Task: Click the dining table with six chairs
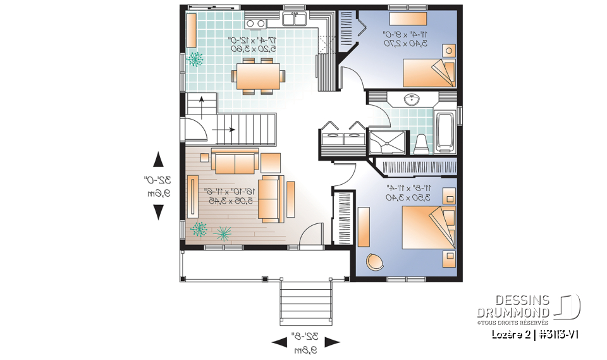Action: coord(259,76)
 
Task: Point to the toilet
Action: coord(421,144)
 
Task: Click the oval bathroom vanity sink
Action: coord(412,99)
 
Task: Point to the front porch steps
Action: coord(305,304)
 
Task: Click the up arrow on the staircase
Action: coord(201,102)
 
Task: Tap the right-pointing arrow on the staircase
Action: coord(224,130)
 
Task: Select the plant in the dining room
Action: coord(196,60)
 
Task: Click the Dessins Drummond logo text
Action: coord(513,307)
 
